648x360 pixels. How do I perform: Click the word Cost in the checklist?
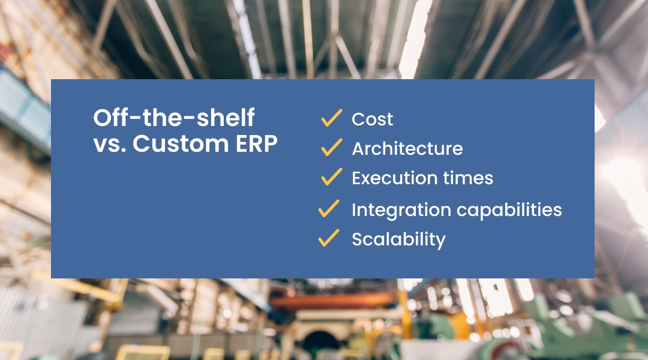(x=372, y=119)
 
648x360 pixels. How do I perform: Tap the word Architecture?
(x=407, y=148)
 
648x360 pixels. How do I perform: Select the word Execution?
(x=395, y=178)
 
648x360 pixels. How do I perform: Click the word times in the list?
(x=468, y=178)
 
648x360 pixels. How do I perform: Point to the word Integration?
(x=401, y=210)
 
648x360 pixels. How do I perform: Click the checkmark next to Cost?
(x=331, y=118)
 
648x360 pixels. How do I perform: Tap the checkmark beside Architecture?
(x=331, y=147)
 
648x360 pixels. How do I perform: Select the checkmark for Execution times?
(x=331, y=176)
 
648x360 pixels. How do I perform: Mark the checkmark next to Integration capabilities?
(x=329, y=208)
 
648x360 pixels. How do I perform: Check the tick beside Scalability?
(x=329, y=238)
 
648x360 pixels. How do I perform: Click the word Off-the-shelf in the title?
(x=173, y=118)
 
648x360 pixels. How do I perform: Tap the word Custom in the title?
(x=181, y=144)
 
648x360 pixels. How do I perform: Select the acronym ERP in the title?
(x=256, y=144)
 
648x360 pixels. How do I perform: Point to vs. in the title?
(x=110, y=145)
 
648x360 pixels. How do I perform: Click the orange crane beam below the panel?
(x=332, y=301)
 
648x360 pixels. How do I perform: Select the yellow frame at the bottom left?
(x=143, y=353)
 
